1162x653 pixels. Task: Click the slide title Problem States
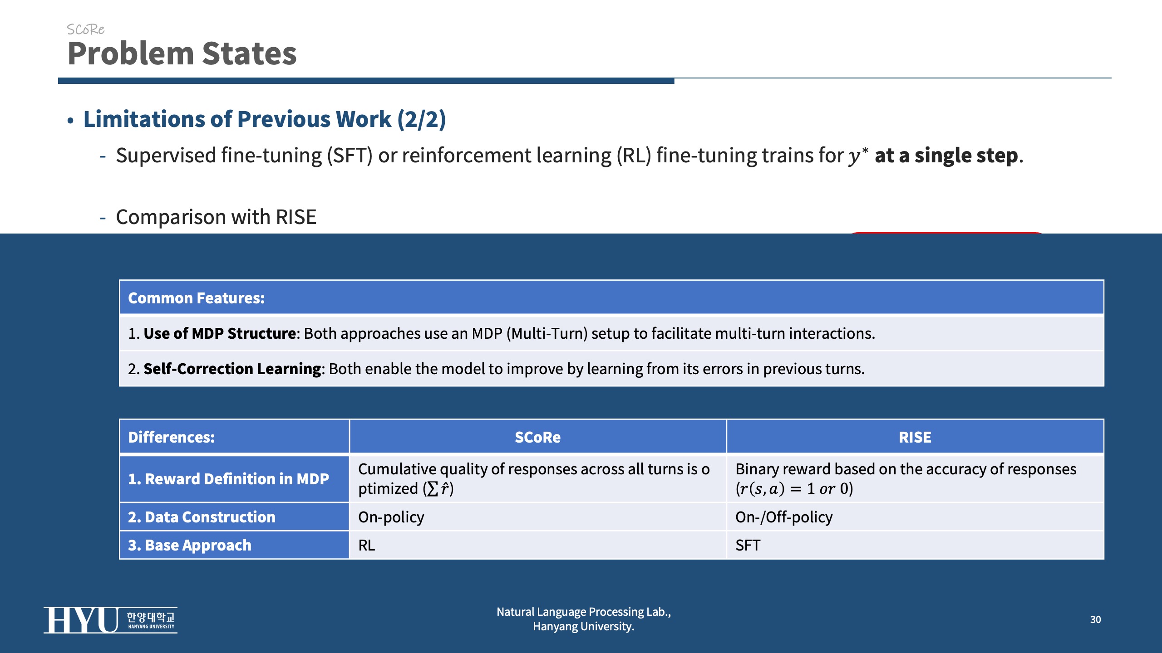(182, 54)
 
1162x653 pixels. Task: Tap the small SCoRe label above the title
(85, 29)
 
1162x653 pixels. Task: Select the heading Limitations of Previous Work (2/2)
(265, 119)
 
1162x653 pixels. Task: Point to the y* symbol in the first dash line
(858, 156)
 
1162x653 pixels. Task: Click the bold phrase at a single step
(946, 156)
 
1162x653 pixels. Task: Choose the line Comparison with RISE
(216, 217)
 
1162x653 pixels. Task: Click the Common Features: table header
(196, 298)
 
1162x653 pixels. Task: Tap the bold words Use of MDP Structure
(220, 333)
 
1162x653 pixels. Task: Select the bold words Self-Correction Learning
(232, 369)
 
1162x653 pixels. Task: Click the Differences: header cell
(172, 437)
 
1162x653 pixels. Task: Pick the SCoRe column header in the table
(537, 437)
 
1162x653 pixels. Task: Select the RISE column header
(915, 437)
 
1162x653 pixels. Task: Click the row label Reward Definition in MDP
(228, 479)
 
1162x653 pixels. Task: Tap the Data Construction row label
(202, 517)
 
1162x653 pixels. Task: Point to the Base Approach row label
(190, 545)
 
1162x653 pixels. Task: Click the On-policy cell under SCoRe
(391, 517)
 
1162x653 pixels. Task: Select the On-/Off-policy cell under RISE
(784, 517)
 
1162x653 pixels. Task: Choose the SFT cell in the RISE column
(748, 545)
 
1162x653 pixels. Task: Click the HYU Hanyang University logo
(110, 620)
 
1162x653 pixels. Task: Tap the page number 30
(1095, 619)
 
